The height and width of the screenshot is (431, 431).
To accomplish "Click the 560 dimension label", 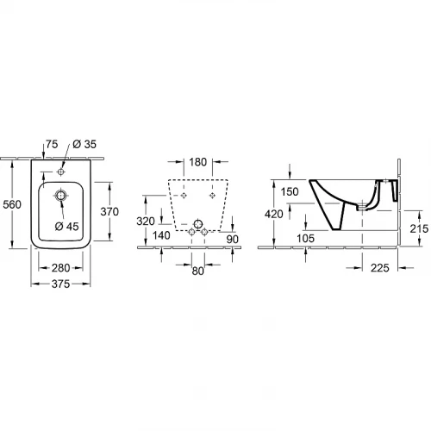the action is point(12,204).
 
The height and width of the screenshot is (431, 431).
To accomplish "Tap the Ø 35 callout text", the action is point(84,144).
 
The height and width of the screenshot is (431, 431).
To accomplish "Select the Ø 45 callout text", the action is point(66,227).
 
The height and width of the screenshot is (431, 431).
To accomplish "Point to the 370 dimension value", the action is point(109,212).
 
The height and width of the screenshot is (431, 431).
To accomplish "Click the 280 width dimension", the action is point(61,268).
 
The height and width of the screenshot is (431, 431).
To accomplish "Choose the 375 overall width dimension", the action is point(61,284).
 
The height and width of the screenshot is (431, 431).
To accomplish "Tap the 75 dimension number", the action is point(52,144).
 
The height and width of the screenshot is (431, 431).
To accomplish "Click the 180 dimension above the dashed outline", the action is point(198,162).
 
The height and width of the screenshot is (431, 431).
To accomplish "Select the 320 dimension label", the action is point(146,222).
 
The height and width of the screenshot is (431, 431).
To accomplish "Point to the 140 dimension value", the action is point(161,235).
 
